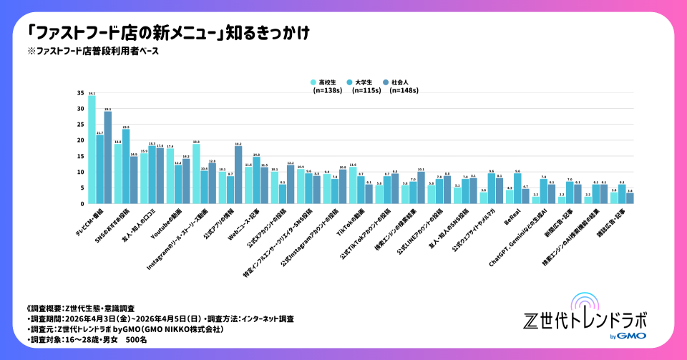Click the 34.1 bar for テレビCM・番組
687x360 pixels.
(91, 150)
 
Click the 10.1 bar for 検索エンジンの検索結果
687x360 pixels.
(421, 188)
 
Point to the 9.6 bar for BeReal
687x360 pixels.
(517, 189)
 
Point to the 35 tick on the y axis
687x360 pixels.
(80, 93)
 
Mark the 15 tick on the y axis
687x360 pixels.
(80, 157)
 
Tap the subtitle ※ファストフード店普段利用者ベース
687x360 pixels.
(92, 51)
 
